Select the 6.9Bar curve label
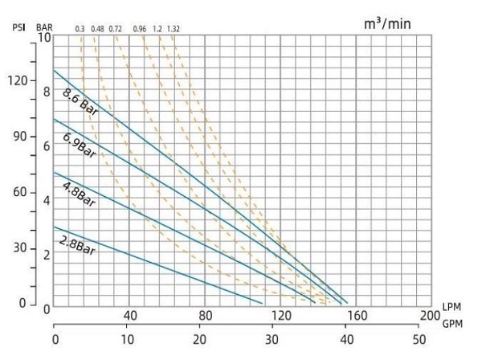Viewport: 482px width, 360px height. [78, 146]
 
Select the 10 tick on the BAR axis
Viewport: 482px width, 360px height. [45, 38]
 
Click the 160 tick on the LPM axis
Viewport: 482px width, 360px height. [355, 314]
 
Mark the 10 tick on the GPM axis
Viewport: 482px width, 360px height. [127, 339]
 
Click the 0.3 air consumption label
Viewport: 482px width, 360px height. [80, 29]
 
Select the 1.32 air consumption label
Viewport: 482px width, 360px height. [174, 29]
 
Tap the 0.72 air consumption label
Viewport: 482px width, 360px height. [116, 29]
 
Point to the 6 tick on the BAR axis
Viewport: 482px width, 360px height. [47, 146]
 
